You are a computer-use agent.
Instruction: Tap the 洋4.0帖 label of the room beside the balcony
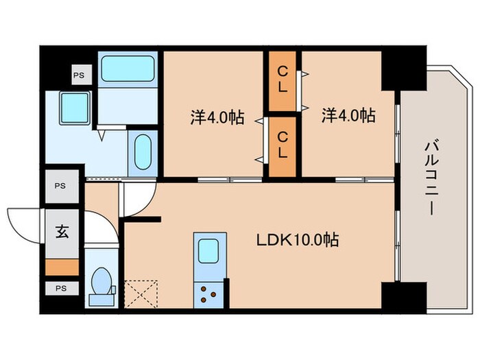click(x=348, y=116)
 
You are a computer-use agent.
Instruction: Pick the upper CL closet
click(x=282, y=81)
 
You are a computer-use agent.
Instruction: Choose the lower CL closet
click(x=282, y=145)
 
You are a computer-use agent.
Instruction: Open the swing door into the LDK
click(x=137, y=199)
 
